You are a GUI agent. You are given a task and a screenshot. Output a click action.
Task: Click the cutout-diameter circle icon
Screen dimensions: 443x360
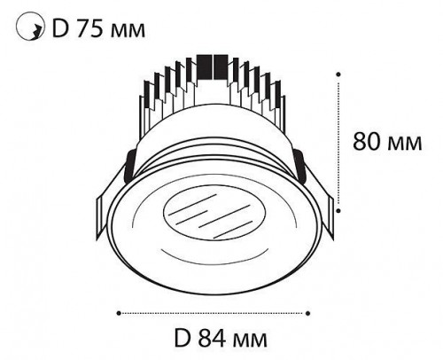pyautogui.click(x=29, y=26)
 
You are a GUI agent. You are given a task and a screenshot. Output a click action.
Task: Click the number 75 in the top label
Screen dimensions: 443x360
pyautogui.click(x=89, y=28)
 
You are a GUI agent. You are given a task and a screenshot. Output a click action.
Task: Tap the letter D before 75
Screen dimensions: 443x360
pyautogui.click(x=60, y=28)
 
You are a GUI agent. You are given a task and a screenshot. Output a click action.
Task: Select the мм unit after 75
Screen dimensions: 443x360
pyautogui.click(x=128, y=31)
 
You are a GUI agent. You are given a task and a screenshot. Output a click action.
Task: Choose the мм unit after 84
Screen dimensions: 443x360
pyautogui.click(x=250, y=340)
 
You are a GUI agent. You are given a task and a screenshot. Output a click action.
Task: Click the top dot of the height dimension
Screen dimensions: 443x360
pyautogui.click(x=339, y=74)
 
